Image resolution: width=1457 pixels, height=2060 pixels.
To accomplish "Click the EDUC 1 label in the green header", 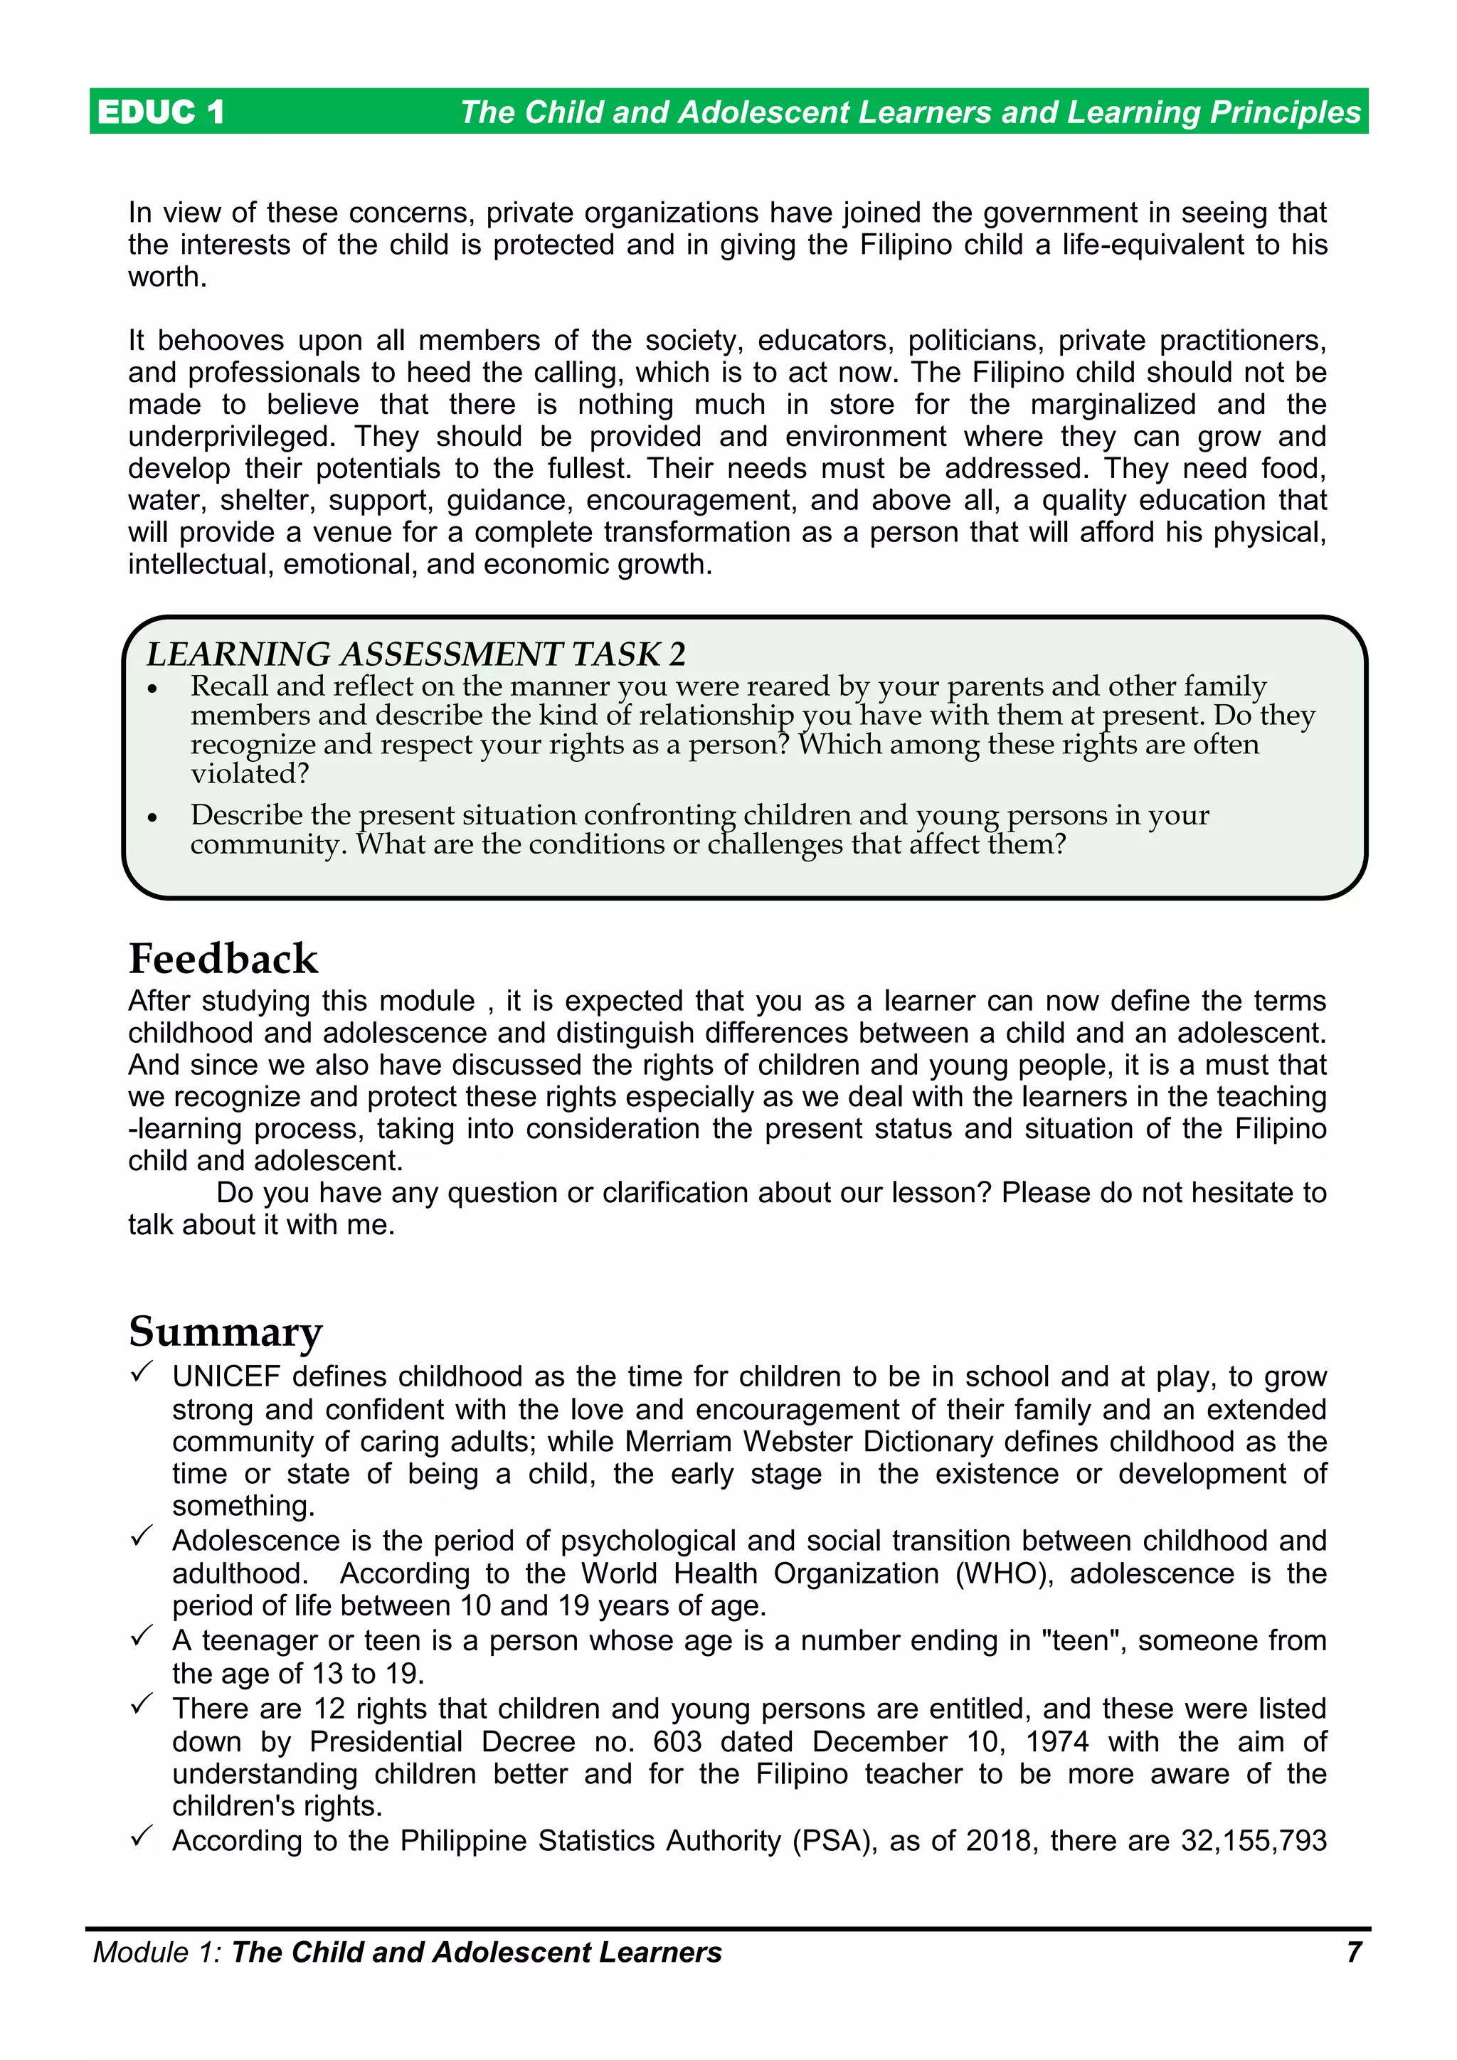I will (x=161, y=112).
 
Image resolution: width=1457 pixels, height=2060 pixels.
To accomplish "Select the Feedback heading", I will (x=223, y=958).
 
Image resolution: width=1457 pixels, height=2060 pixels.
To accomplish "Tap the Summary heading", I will (x=226, y=1331).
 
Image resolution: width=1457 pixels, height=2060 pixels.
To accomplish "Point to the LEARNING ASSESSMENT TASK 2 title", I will (x=415, y=654).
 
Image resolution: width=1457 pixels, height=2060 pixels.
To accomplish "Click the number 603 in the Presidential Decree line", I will (x=677, y=1741).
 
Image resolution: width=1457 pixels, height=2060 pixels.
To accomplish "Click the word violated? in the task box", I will (x=250, y=773).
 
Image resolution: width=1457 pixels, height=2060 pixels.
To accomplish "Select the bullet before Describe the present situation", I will (x=152, y=817).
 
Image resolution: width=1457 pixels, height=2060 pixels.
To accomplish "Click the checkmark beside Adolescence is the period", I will (x=142, y=1537).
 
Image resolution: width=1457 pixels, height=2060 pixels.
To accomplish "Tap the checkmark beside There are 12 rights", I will (x=142, y=1705).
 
